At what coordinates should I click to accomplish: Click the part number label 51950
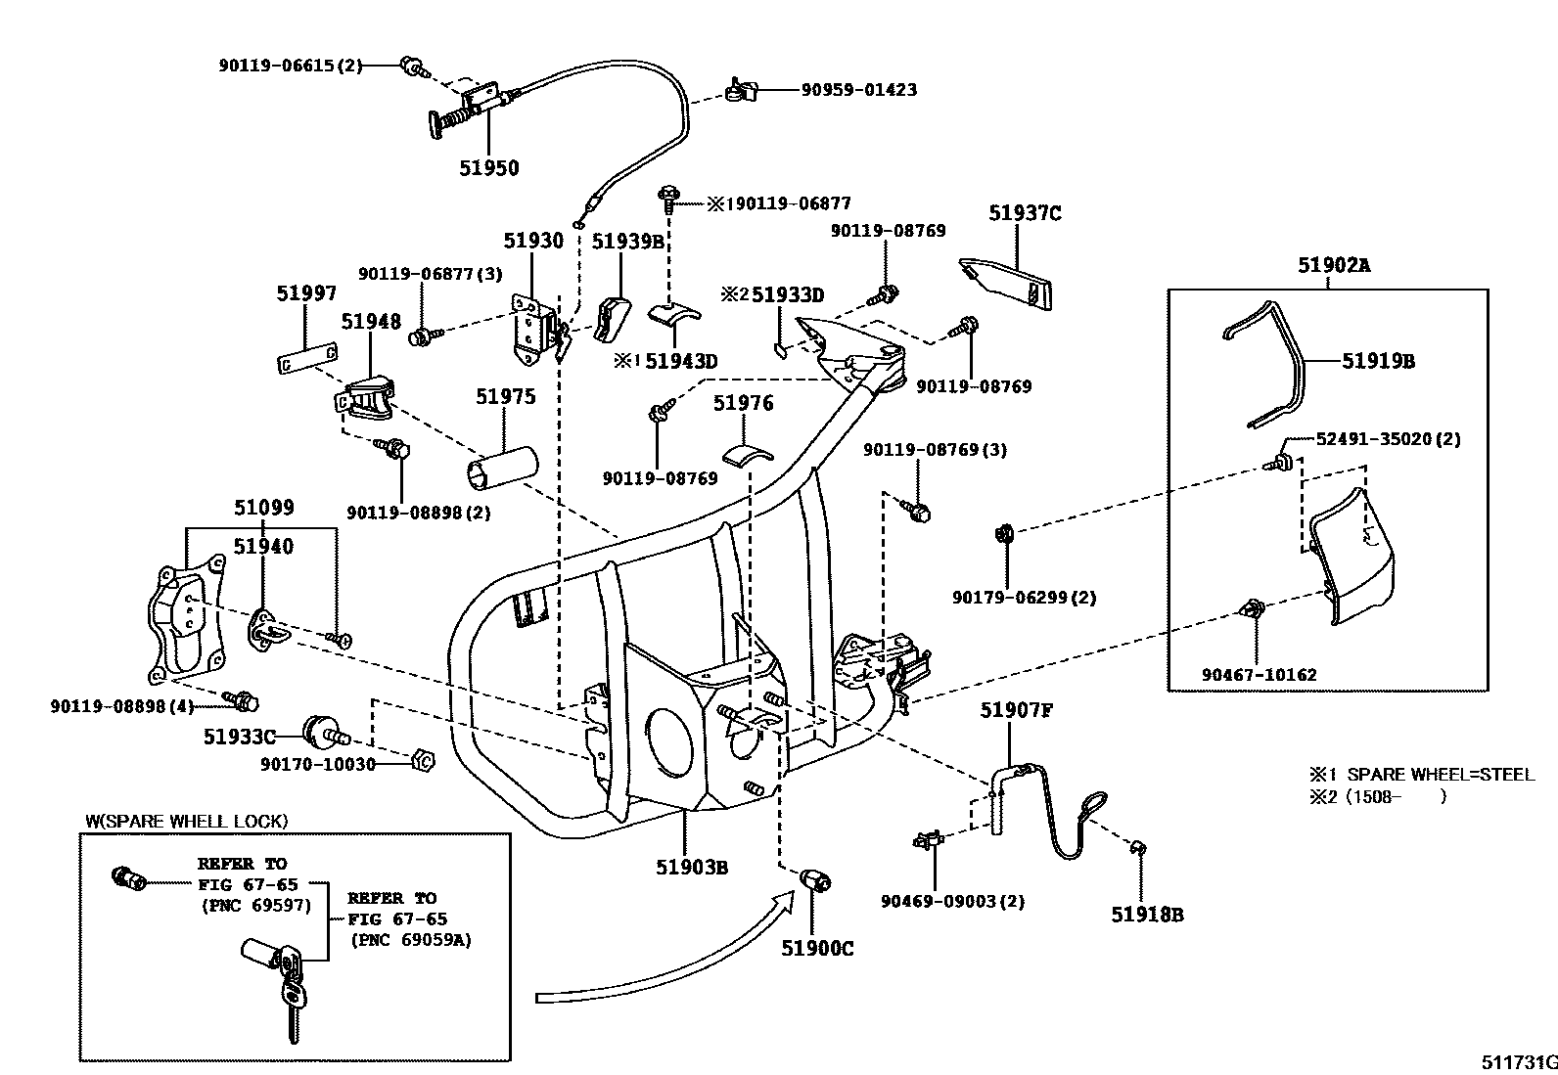click(x=489, y=168)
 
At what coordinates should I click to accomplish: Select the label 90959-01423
click(x=858, y=90)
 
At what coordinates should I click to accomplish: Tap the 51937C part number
click(x=1024, y=213)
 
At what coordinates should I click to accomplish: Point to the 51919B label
click(x=1378, y=361)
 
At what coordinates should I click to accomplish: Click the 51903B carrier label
click(x=692, y=867)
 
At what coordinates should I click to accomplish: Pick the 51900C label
click(x=817, y=948)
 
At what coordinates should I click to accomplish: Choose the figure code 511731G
click(x=1518, y=1062)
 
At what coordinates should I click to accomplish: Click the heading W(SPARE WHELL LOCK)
click(x=186, y=821)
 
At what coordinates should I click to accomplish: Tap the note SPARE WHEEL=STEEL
click(x=1434, y=774)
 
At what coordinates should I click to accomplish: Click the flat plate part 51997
click(x=306, y=359)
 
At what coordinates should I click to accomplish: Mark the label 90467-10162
click(x=1259, y=675)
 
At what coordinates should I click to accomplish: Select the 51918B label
click(x=1147, y=915)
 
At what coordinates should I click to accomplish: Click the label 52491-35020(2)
click(x=1387, y=439)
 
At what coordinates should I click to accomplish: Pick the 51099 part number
click(x=263, y=508)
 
